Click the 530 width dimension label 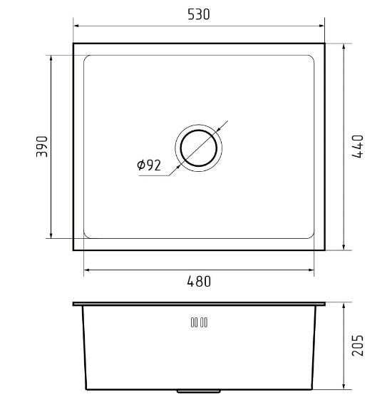(x=199, y=14)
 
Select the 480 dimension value (x=199, y=282)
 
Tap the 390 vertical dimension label (x=42, y=146)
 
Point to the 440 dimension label (x=358, y=146)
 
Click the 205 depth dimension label (x=358, y=345)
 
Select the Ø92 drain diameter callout (x=149, y=165)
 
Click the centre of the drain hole (x=199, y=148)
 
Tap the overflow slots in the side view (x=199, y=322)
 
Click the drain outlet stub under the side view (x=199, y=391)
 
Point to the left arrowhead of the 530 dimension (x=76, y=26)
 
